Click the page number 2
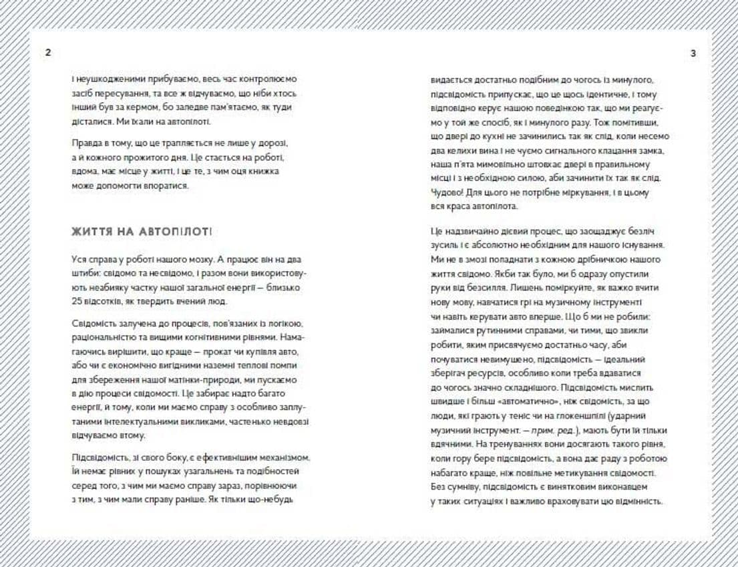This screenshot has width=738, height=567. (47, 53)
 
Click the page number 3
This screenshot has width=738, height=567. (693, 53)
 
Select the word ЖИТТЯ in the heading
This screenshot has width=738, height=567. (92, 232)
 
